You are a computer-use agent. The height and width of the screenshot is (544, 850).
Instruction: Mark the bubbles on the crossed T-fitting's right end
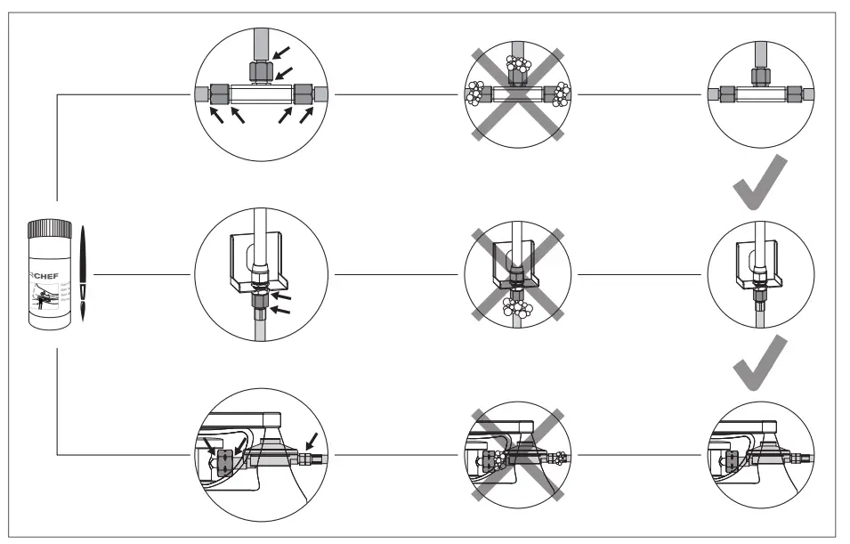tap(561, 93)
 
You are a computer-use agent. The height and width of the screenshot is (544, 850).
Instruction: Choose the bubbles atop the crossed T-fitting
tap(516, 67)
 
